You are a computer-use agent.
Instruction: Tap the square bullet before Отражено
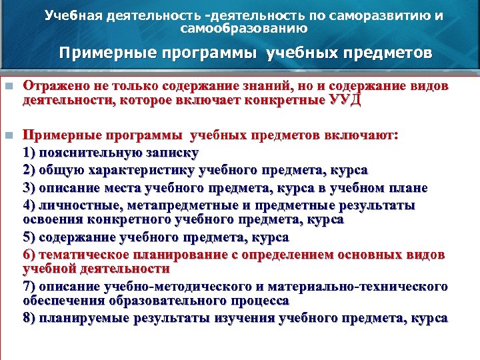click(x=8, y=87)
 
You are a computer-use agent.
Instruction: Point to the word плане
click(x=410, y=187)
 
